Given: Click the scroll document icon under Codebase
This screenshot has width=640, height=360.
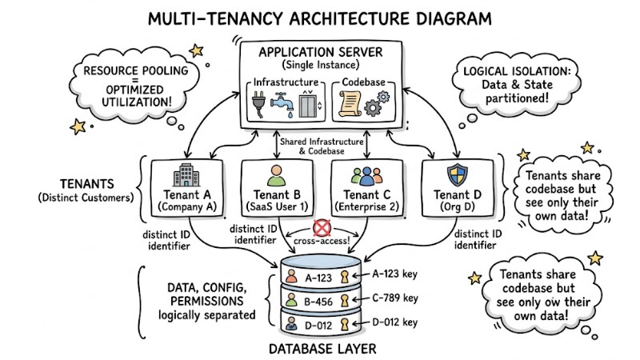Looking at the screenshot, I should pyautogui.click(x=350, y=104).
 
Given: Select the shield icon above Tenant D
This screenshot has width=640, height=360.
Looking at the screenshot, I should pyautogui.click(x=454, y=175).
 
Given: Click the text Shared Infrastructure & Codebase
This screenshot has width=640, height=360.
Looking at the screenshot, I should pyautogui.click(x=320, y=145).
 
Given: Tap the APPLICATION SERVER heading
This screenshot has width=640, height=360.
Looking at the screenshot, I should pyautogui.click(x=321, y=52).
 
